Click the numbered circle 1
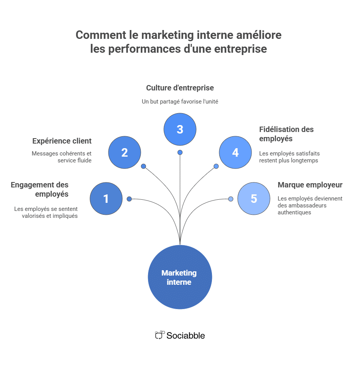coord(106,199)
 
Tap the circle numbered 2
coord(125,152)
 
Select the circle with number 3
coord(180,129)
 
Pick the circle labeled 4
coord(235,152)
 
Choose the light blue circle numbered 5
coord(254,199)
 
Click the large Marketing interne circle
coord(180,277)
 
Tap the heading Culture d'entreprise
coord(180,88)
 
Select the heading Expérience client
coord(62,141)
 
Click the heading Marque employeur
coord(310,185)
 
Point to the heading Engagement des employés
coord(40,189)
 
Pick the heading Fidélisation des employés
coord(286,134)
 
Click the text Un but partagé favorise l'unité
coord(180,102)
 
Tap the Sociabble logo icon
coord(160,335)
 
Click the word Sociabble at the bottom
coord(185,336)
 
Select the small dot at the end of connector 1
coord(129,199)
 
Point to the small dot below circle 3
coord(180,152)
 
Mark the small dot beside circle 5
coord(231,199)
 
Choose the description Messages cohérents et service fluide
coord(62,157)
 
